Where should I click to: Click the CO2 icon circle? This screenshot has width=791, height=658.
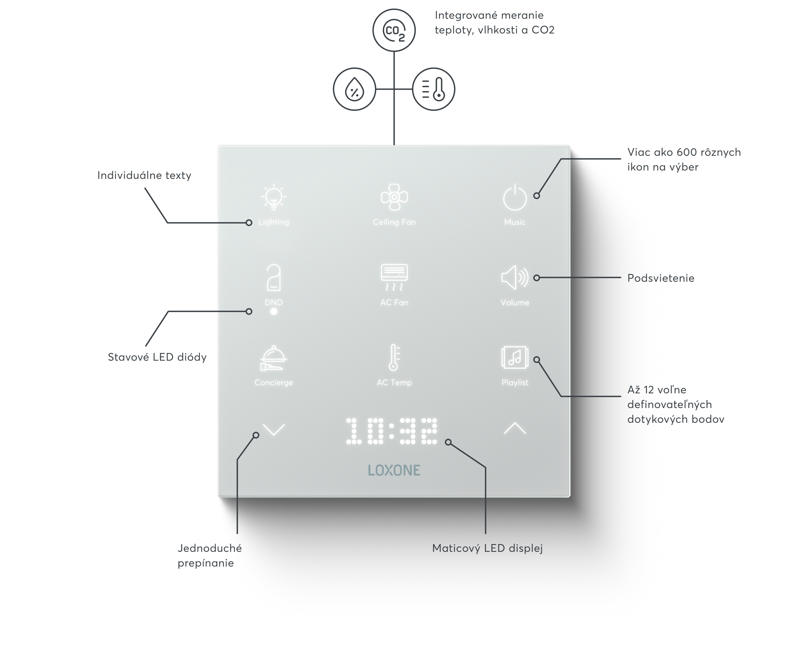coord(394,30)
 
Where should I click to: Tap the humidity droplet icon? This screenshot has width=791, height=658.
coord(354,89)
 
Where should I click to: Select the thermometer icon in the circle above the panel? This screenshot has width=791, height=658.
coord(433,89)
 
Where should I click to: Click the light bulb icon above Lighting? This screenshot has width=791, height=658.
coord(274,197)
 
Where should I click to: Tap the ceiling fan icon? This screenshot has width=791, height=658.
coord(394,197)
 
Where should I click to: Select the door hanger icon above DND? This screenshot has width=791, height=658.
coord(274,277)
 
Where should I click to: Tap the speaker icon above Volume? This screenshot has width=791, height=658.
coord(515,277)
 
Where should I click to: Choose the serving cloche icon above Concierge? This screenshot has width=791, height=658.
coord(274,358)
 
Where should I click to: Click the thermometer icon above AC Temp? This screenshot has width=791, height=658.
coord(394,357)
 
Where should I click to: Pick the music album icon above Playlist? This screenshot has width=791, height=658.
coord(515,357)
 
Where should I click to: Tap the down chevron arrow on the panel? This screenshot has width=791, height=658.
coord(274,429)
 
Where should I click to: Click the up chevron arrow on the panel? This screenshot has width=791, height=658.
coord(515,428)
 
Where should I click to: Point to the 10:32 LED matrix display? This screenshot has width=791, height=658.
coord(392,431)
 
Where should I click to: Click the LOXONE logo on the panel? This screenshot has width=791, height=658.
coord(394,470)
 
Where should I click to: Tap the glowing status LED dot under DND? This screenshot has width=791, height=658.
coord(274,312)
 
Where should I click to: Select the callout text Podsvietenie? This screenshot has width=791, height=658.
coord(661,278)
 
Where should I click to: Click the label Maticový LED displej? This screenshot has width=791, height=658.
coord(487,548)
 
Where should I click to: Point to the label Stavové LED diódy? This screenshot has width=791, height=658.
coord(157,357)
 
